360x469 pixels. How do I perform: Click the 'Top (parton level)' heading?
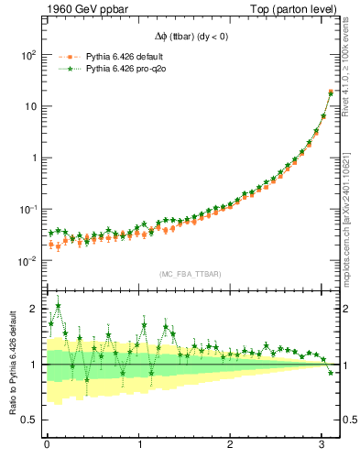(x=290, y=10)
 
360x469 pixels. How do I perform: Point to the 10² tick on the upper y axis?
(x=29, y=55)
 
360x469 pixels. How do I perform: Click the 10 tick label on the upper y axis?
(x=29, y=106)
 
